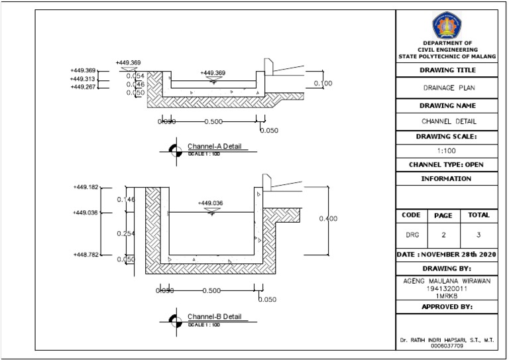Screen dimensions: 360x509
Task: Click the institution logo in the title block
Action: (447, 26)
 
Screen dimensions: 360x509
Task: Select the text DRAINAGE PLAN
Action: (447, 88)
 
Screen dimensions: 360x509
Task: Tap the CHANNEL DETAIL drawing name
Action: (447, 121)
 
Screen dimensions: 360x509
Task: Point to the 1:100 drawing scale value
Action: (447, 150)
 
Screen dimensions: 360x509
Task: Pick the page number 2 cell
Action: (443, 235)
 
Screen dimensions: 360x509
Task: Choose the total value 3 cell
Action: (479, 235)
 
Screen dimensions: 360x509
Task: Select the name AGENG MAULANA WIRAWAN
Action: (447, 280)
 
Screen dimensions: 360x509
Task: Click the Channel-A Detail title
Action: (214, 145)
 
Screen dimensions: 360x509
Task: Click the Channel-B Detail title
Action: (214, 316)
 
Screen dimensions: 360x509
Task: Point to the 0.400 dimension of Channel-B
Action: (328, 218)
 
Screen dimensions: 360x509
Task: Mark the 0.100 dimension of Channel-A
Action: (323, 83)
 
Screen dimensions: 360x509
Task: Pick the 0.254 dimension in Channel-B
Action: (126, 233)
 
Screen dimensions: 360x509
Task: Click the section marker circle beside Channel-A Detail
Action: (175, 150)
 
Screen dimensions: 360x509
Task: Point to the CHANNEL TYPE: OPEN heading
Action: (447, 164)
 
